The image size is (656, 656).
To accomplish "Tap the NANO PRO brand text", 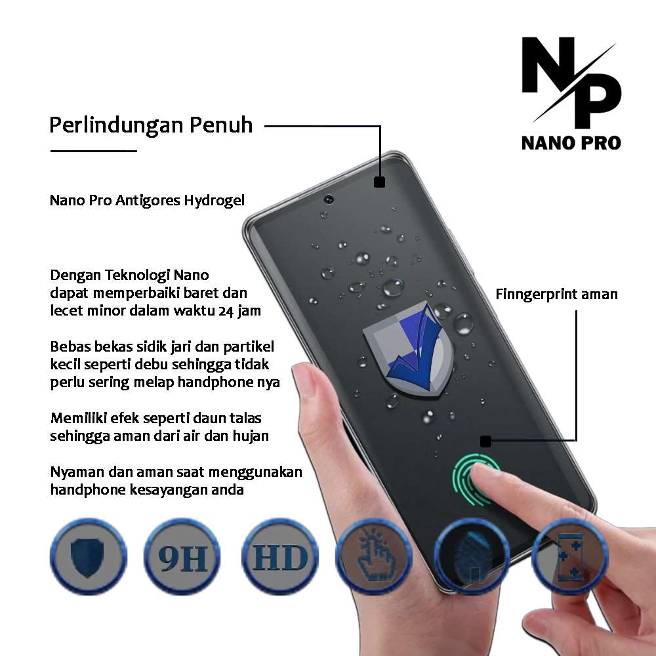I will [x=571, y=142].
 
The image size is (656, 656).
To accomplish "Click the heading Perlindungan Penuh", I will [x=151, y=125].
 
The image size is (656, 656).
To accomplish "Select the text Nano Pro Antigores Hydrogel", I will [x=147, y=200].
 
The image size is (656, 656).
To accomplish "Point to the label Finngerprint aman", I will [x=556, y=294].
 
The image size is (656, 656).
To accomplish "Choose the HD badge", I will [x=280, y=557].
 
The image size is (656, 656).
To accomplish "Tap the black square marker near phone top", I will [x=379, y=182].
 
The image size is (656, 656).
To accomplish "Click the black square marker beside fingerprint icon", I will [x=485, y=441].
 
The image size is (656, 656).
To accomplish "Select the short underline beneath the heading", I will [x=93, y=151].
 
